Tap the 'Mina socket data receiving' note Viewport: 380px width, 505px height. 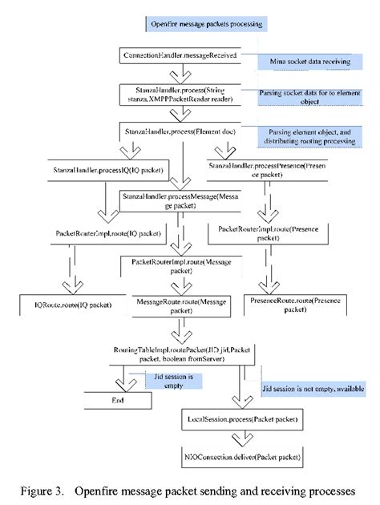coord(305,61)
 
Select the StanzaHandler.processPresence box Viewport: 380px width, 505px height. coord(263,168)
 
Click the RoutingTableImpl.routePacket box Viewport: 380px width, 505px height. coord(183,353)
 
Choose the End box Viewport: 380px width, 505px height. coord(119,398)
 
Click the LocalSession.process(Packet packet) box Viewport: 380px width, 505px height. coord(238,419)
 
